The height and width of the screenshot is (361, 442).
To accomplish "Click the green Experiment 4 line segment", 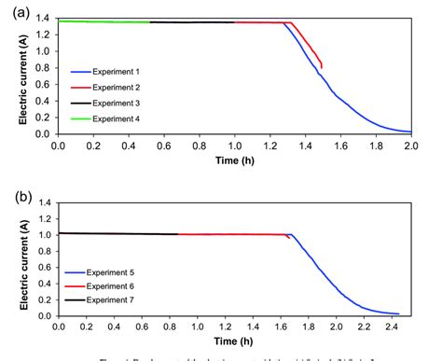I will [x=103, y=21].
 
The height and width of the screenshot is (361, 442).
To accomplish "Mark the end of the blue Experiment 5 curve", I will [x=398, y=313].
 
